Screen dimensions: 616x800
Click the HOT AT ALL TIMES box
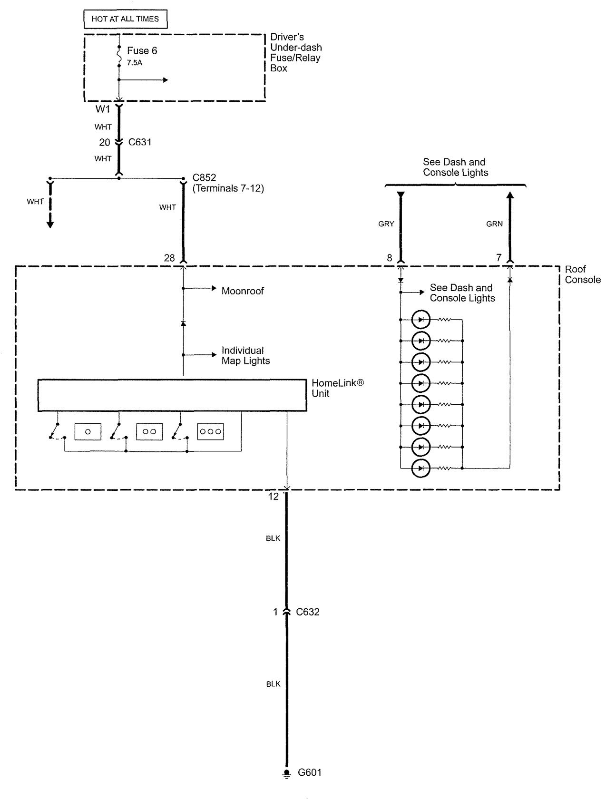coord(125,19)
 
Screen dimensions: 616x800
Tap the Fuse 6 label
coord(142,51)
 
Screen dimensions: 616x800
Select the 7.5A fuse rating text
coord(135,63)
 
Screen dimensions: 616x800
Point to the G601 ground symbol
coord(286,773)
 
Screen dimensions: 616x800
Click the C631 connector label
coord(140,142)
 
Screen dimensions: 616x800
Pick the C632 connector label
coord(308,612)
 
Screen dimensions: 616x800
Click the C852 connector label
coord(205,178)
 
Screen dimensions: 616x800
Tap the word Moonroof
coord(243,291)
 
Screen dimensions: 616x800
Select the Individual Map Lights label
coord(245,356)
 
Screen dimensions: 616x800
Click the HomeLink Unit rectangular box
coord(172,395)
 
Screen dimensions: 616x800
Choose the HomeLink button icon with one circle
coord(88,431)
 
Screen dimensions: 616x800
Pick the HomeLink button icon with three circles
coord(211,431)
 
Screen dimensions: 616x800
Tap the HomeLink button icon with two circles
coord(149,431)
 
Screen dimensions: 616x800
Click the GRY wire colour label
coord(386,224)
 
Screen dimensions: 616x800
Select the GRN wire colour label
coord(495,224)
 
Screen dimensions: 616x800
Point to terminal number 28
coord(169,258)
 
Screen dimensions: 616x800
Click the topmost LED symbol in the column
coord(421,320)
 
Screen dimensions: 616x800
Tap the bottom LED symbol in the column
coord(421,468)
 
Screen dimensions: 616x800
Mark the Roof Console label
coord(583,274)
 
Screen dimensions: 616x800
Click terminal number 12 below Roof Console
coord(274,497)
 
